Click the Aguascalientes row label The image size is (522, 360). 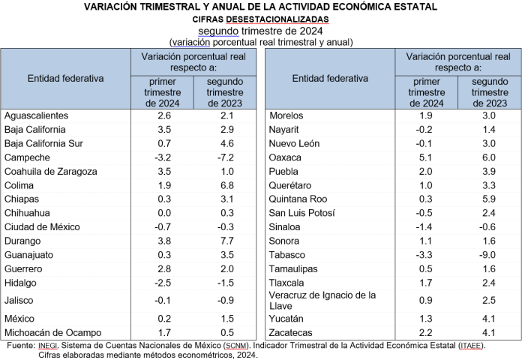[x=37, y=115]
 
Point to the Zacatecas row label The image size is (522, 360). [x=292, y=331]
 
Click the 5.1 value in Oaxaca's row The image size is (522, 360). [x=424, y=157]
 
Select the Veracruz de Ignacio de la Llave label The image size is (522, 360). [x=322, y=301]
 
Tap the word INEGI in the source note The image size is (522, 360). [x=46, y=346]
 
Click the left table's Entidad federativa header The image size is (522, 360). [x=66, y=78]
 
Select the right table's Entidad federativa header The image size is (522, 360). [x=330, y=78]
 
